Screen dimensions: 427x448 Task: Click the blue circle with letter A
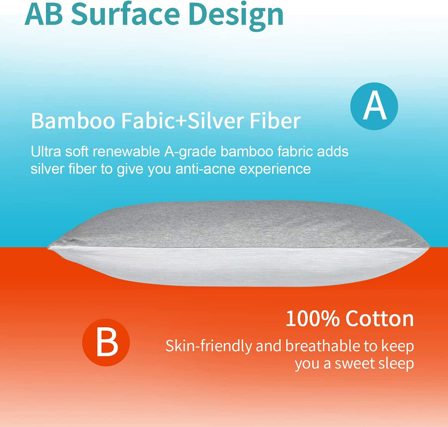click(x=374, y=106)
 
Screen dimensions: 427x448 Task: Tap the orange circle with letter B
click(x=106, y=342)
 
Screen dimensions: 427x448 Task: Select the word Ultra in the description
click(x=46, y=152)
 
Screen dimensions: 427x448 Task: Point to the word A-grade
click(x=190, y=152)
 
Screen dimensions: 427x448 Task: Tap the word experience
click(x=275, y=169)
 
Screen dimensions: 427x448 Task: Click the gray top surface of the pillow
click(x=239, y=224)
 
